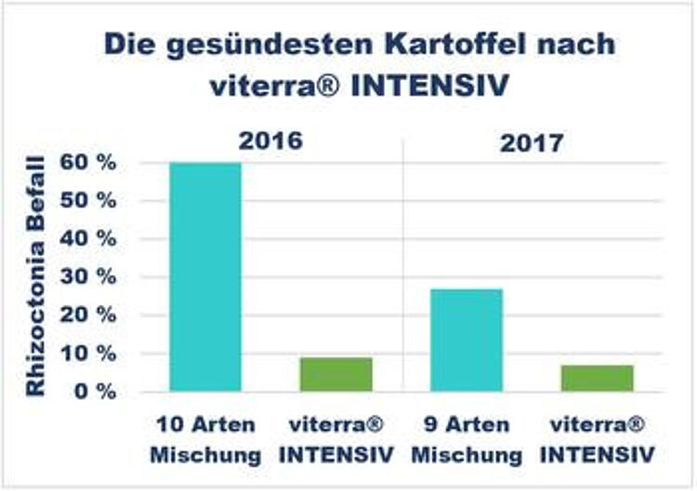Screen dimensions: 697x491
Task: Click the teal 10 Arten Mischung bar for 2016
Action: pyautogui.click(x=205, y=277)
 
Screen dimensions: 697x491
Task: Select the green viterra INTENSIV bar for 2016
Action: pyautogui.click(x=336, y=375)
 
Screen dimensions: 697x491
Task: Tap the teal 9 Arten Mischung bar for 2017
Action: pyautogui.click(x=467, y=340)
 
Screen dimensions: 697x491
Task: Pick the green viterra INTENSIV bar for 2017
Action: pyautogui.click(x=598, y=378)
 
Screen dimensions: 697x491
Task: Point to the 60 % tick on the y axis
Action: pyautogui.click(x=88, y=163)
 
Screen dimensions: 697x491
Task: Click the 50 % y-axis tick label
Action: pyautogui.click(x=88, y=201)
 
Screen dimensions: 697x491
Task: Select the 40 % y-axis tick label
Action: pyautogui.click(x=88, y=239)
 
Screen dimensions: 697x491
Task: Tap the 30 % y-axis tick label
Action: pyautogui.click(x=88, y=277)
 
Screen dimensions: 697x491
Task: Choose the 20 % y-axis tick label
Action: pyautogui.click(x=88, y=316)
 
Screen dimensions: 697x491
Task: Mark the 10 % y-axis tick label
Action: pyautogui.click(x=88, y=354)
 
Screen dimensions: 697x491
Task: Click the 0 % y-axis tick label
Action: pyautogui.click(x=96, y=391)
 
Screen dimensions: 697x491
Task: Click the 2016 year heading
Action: pyautogui.click(x=270, y=141)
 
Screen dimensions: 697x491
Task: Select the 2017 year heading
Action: pyautogui.click(x=532, y=143)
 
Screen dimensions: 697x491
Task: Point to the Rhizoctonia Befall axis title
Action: pyautogui.click(x=35, y=276)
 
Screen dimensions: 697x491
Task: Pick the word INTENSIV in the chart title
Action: pyautogui.click(x=429, y=86)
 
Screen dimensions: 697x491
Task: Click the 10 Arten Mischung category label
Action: pyautogui.click(x=205, y=440)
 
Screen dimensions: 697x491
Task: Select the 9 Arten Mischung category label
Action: pyautogui.click(x=467, y=440)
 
